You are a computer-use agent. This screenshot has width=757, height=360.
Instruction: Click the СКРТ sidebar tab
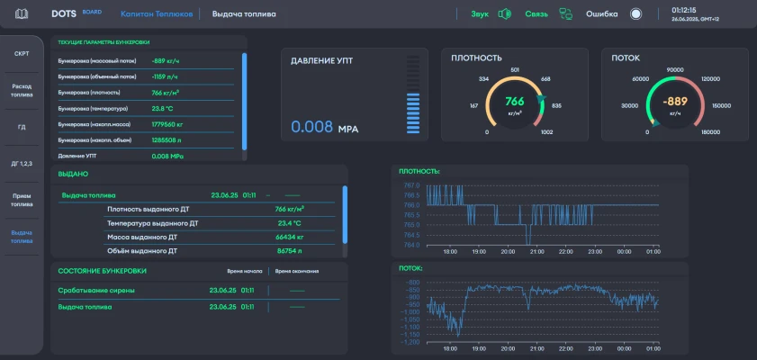click(x=22, y=53)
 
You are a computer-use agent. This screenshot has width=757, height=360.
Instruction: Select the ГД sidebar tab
click(x=22, y=127)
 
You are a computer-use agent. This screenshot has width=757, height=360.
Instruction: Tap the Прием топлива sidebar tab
click(x=22, y=199)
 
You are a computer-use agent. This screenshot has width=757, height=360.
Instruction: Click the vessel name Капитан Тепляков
click(x=157, y=14)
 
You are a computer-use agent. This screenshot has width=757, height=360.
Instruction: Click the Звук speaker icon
click(x=505, y=14)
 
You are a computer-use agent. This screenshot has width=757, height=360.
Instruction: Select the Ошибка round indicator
click(x=635, y=14)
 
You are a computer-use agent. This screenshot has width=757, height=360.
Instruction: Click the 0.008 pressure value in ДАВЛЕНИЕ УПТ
click(x=311, y=128)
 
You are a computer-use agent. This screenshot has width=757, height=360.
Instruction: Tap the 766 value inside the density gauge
click(x=515, y=101)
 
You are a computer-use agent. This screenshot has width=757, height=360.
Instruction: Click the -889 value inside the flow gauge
click(x=675, y=101)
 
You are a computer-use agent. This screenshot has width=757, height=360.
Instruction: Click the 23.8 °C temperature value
click(x=162, y=108)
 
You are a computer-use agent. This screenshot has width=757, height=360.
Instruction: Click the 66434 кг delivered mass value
click(x=288, y=237)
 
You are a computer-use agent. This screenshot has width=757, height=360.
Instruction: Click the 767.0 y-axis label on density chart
click(x=411, y=185)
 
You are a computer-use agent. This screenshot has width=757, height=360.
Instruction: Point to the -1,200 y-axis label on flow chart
click(x=410, y=342)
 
